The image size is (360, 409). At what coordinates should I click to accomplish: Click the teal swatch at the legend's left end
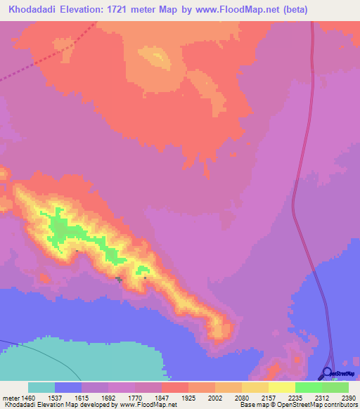(x=41, y=387)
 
